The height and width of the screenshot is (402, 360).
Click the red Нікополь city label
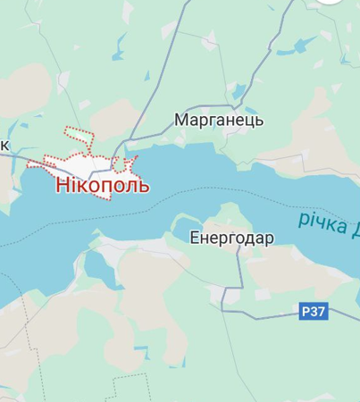pyautogui.click(x=103, y=186)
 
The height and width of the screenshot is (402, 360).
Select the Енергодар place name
pyautogui.click(x=231, y=238)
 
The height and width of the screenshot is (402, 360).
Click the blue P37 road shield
pyautogui.click(x=314, y=311)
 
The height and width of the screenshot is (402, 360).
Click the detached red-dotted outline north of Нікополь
pyautogui.click(x=80, y=137)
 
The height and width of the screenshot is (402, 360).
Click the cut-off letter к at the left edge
pyautogui.click(x=4, y=145)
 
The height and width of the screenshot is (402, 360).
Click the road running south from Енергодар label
pyautogui.click(x=239, y=268)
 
